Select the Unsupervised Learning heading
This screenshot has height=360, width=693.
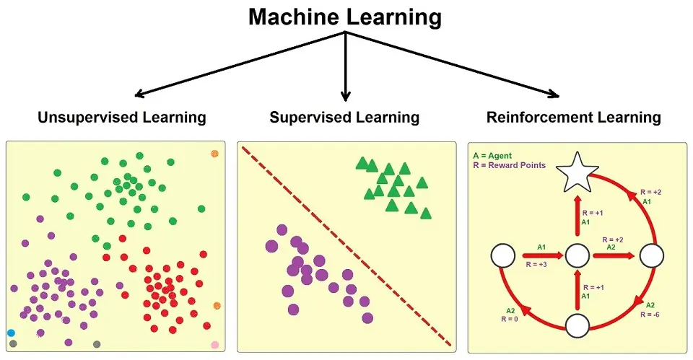click(122, 117)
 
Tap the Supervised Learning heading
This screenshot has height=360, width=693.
click(344, 117)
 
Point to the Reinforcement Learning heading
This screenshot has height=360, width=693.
click(574, 117)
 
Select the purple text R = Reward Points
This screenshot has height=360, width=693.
click(509, 165)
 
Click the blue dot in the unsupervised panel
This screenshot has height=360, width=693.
click(11, 333)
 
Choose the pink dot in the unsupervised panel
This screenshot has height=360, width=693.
click(214, 345)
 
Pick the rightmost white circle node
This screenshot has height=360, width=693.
click(652, 255)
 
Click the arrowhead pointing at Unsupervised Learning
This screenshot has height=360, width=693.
click(141, 93)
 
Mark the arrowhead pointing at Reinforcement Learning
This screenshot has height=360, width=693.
click(553, 93)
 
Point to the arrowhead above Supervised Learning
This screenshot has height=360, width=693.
click(346, 95)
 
